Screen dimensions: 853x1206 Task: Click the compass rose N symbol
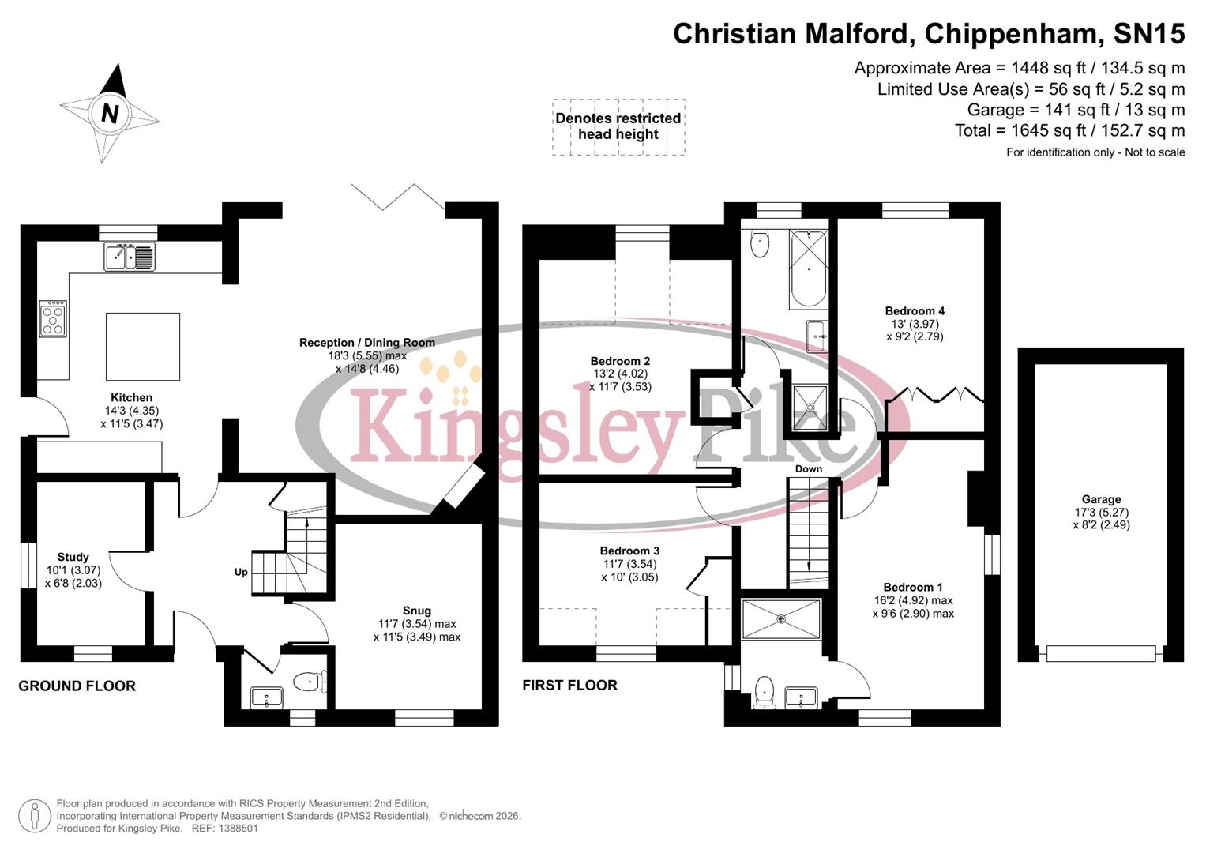tap(110, 114)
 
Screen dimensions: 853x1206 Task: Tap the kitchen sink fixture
tap(130, 257)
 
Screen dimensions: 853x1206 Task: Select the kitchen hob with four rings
tap(54, 319)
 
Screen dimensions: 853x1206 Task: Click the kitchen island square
tap(143, 347)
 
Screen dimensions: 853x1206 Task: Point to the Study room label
tap(73, 558)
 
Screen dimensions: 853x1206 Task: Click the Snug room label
tap(417, 611)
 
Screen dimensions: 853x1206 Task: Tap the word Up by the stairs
tap(241, 572)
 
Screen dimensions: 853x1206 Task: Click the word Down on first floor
tap(809, 469)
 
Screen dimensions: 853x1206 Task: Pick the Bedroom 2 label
tap(620, 362)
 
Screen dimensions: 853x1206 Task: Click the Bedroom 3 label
tap(629, 551)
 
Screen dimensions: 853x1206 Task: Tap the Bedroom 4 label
tap(915, 311)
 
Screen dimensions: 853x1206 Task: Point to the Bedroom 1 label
tap(913, 588)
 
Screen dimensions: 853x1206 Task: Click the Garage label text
tap(1101, 499)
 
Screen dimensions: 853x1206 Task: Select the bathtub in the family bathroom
tap(808, 269)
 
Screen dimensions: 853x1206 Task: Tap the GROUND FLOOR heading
tap(77, 686)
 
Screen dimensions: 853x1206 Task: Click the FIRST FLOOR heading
tap(569, 686)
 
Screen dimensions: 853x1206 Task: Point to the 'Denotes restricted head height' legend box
tap(618, 126)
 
